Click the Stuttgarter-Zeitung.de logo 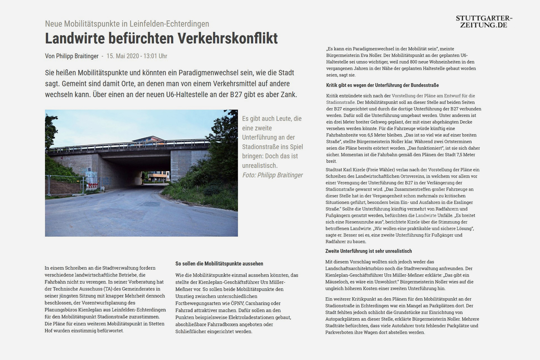pyautogui.click(x=484, y=22)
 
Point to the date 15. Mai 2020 pyautogui.click(x=123, y=56)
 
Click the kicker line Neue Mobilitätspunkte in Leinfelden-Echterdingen pyautogui.click(x=127, y=24)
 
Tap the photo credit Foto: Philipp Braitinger pyautogui.click(x=272, y=175)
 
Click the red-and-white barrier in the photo pyautogui.click(x=91, y=187)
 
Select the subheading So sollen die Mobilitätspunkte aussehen pyautogui.click(x=219, y=264)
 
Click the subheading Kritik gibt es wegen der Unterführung pyautogui.click(x=382, y=85)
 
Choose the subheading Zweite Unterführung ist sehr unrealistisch pyautogui.click(x=368, y=251)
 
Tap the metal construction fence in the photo pyautogui.click(x=66, y=184)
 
